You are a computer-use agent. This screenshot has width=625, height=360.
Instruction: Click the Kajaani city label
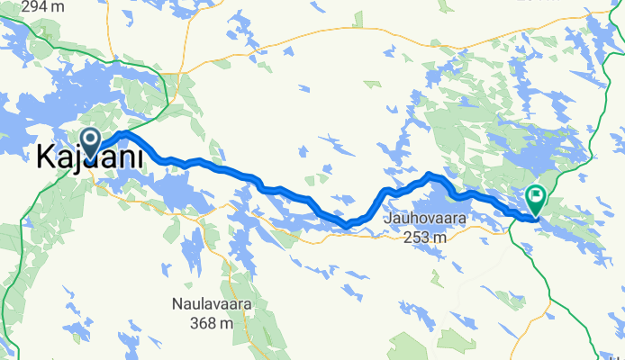pyautogui.click(x=92, y=158)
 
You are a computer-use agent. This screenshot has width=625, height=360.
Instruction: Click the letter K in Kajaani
pyautogui.click(x=46, y=158)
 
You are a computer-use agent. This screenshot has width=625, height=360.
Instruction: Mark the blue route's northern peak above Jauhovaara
pyautogui.click(x=430, y=174)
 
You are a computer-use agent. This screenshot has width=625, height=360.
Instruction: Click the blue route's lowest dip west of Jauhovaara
pyautogui.click(x=345, y=224)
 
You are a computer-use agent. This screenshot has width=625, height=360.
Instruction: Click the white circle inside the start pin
pyautogui.click(x=91, y=138)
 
